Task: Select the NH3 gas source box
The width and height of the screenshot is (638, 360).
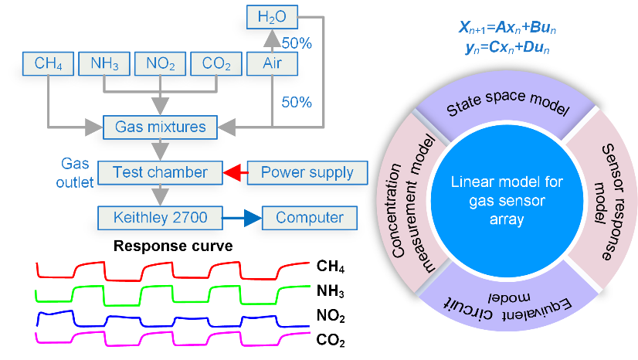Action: click(104, 63)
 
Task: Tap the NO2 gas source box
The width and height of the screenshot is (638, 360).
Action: click(159, 63)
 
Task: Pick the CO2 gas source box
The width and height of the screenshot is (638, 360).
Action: click(215, 63)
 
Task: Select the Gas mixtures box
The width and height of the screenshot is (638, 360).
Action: click(161, 125)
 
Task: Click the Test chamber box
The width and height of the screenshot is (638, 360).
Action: click(161, 172)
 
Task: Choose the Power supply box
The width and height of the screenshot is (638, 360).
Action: click(307, 172)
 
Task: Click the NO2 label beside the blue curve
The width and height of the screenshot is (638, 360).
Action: click(331, 317)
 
